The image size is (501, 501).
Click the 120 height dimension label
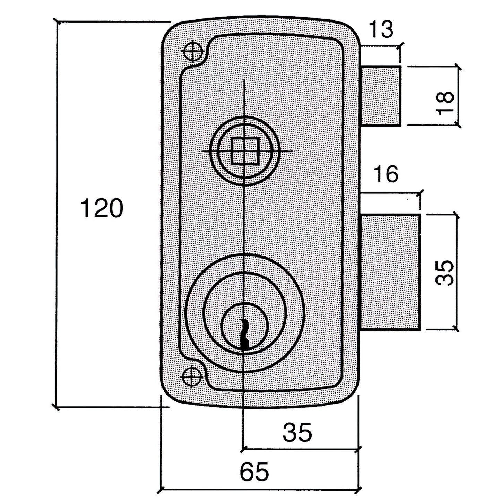[102, 208]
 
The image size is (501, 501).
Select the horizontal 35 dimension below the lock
[297, 432]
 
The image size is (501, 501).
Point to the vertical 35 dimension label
[445, 273]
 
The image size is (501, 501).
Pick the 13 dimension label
[381, 29]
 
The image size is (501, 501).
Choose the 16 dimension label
[386, 174]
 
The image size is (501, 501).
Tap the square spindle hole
[245, 151]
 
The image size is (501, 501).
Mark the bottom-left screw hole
[192, 376]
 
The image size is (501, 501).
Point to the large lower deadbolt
[390, 272]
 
